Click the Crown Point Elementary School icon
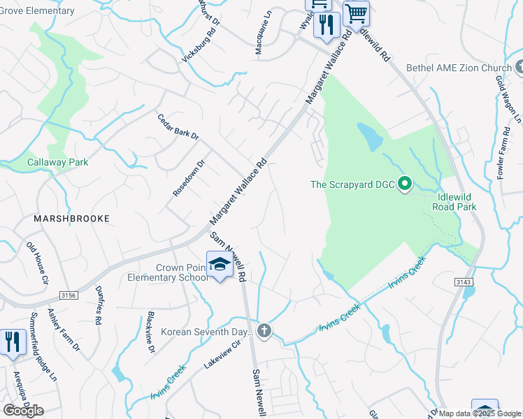[x=220, y=265]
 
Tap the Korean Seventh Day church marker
[x=264, y=330]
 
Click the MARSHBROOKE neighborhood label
[x=72, y=219]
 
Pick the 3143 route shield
[x=466, y=281]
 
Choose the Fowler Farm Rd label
[x=501, y=159]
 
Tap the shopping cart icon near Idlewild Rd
[x=356, y=13]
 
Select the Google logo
[x=23, y=411]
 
